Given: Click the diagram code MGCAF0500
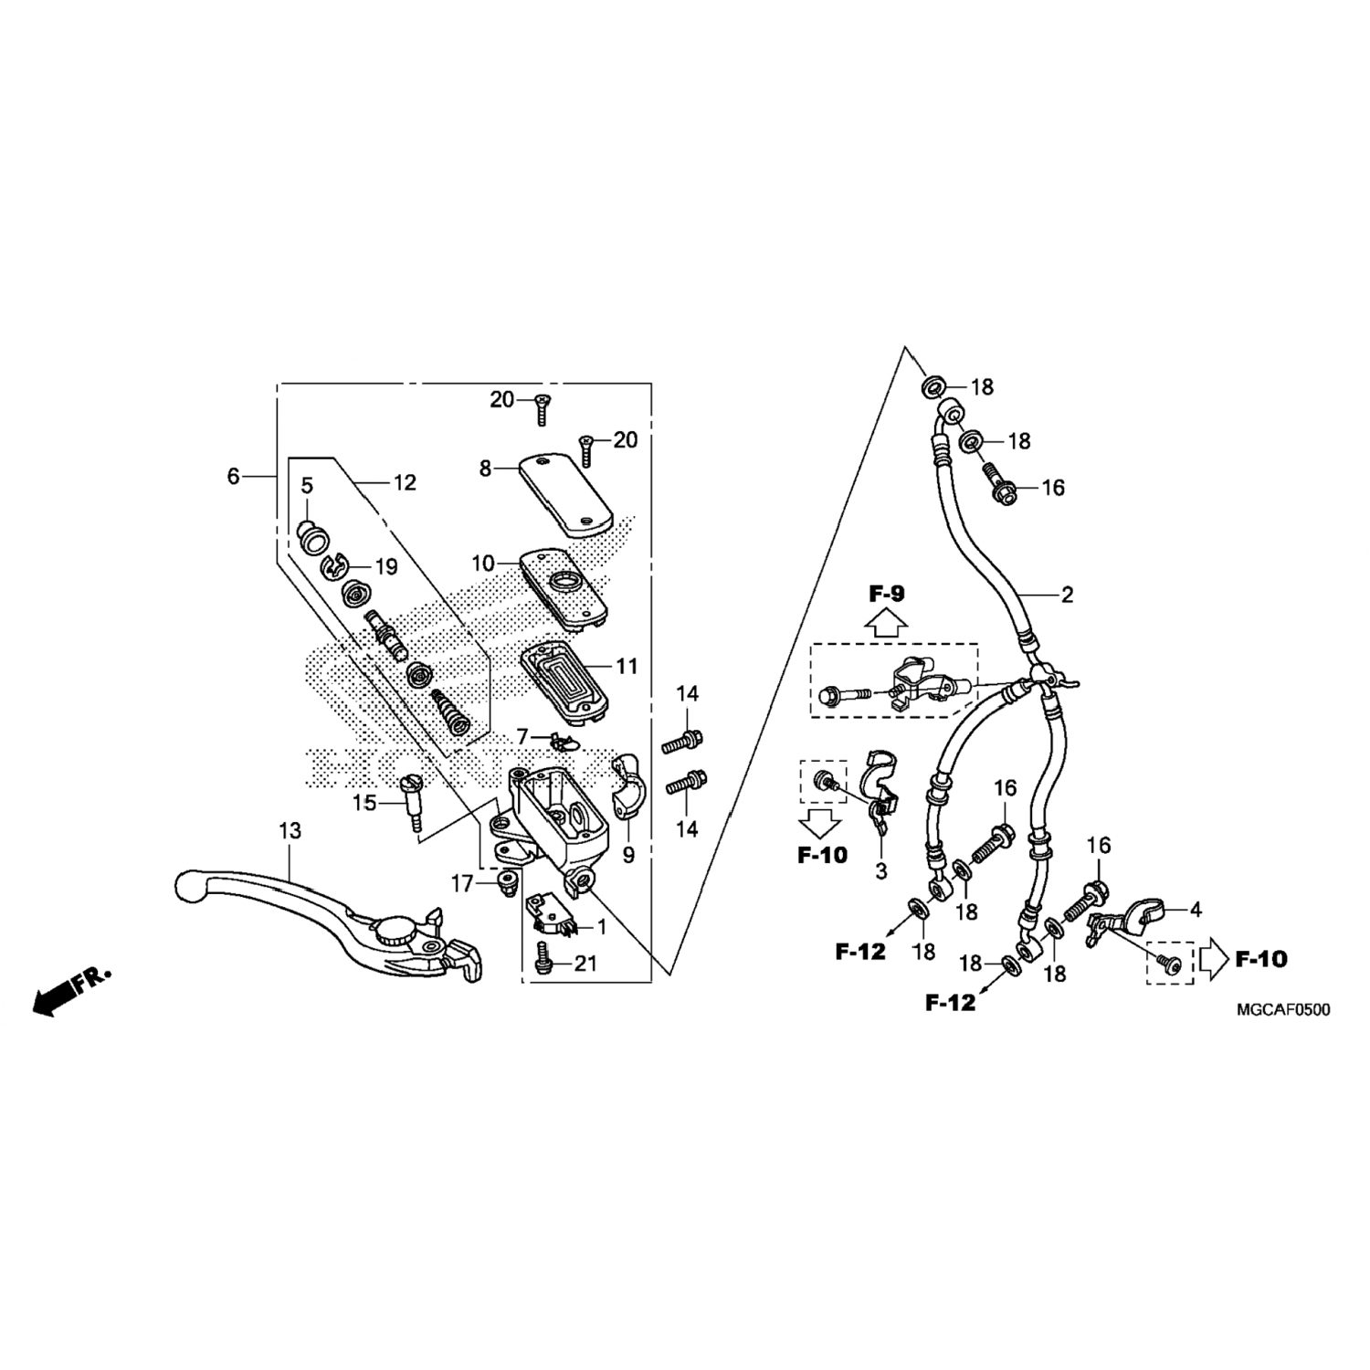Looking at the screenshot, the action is click(1283, 1010).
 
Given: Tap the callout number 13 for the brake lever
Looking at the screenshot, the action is click(290, 831).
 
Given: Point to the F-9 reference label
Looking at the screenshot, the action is click(886, 595).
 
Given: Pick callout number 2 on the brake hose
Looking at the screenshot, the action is click(1067, 595).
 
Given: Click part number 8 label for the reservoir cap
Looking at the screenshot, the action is click(485, 469).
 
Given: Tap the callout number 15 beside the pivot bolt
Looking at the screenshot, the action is click(365, 804).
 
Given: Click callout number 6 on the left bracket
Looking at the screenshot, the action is click(234, 476).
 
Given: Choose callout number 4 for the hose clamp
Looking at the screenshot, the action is click(1196, 910).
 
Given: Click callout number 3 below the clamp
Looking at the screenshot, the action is click(880, 872).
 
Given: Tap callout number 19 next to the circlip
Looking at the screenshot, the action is click(386, 567).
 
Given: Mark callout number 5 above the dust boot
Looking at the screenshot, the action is click(307, 485).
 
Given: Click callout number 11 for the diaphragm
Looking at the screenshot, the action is click(627, 668).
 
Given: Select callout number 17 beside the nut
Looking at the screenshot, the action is click(462, 883).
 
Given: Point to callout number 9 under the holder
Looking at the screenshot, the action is click(628, 856).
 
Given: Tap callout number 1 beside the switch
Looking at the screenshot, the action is click(601, 928).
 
